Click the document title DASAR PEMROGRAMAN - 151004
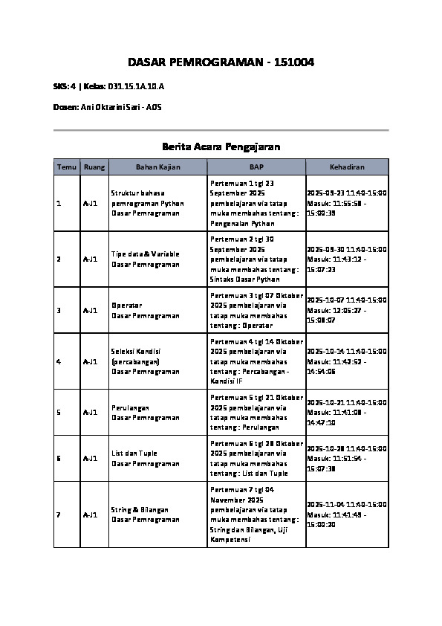click(221, 62)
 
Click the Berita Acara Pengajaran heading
click(221, 146)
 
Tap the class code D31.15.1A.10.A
click(136, 87)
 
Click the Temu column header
click(67, 167)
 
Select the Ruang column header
click(94, 167)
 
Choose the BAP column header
click(256, 167)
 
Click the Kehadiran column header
click(347, 167)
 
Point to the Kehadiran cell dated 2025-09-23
click(346, 202)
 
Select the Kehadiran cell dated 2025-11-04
click(346, 514)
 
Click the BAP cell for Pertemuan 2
click(256, 259)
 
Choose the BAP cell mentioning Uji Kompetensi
click(256, 514)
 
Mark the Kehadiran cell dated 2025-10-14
click(346, 361)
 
